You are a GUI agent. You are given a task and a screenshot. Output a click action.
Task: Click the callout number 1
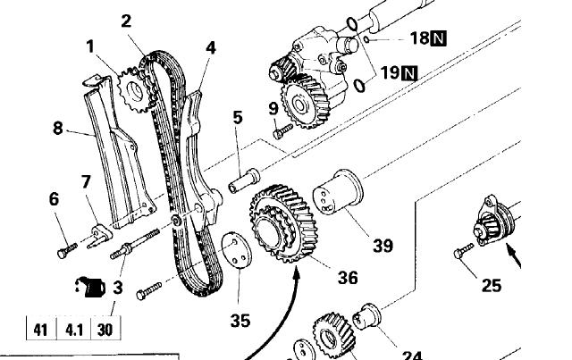coord(90,47)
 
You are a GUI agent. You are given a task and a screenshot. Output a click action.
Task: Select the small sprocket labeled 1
coord(135,90)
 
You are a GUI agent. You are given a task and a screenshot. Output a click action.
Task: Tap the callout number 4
coord(211,48)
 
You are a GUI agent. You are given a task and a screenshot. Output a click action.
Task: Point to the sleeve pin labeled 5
coord(244,180)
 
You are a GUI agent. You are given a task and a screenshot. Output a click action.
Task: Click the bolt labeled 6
coord(67,250)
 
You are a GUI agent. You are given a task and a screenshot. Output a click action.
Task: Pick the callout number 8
coord(58,129)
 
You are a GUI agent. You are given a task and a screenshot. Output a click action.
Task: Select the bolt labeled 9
coord(282,131)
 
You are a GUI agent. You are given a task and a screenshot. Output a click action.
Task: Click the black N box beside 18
coord(438,38)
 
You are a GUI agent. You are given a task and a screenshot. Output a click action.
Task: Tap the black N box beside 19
coord(409,73)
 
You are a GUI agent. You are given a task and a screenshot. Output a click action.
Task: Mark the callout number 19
coord(390,72)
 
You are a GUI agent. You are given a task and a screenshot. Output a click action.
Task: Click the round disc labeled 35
coord(236,250)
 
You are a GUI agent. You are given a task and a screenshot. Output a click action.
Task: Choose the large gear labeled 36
coord(283,223)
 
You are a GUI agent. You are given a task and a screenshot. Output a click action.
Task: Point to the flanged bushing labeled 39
coord(338,191)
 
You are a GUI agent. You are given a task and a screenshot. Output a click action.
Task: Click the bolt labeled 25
coord(463,251)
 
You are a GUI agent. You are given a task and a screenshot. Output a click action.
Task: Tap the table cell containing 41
coord(41,329)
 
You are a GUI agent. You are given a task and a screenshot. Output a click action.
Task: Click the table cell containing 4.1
coord(73,329)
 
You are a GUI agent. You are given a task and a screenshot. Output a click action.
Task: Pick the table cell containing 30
coord(105,329)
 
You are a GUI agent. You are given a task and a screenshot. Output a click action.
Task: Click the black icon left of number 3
coord(90,287)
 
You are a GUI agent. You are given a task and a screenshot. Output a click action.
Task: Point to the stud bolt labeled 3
coord(135,244)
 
